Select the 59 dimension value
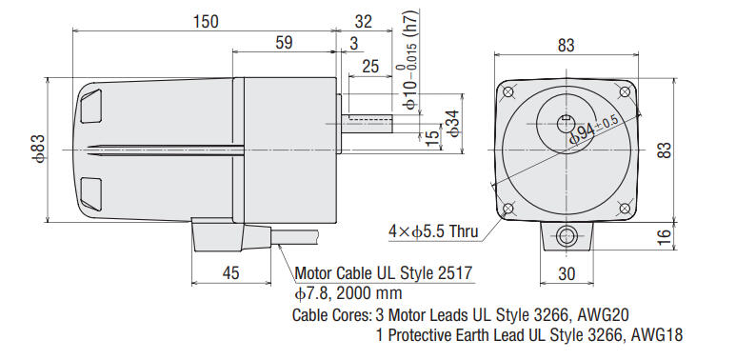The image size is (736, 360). click(x=283, y=43)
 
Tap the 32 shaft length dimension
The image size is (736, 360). click(x=363, y=20)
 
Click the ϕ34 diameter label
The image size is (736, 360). click(x=455, y=122)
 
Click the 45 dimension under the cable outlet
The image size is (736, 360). click(x=229, y=272)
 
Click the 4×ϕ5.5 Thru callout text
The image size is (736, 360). click(x=432, y=230)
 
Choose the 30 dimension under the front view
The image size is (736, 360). click(x=567, y=272)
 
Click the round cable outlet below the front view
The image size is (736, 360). click(x=567, y=236)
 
